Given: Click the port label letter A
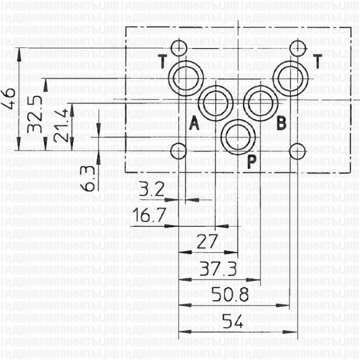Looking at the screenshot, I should pos(193,124).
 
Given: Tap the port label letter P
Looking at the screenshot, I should pos(252,160).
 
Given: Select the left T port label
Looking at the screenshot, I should pos(163,59).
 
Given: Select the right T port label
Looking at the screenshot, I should pos(317,59).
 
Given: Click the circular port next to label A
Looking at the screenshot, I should pos(214,103).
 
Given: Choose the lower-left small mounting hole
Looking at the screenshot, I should pos(178,150).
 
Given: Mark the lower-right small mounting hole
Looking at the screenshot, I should pos(296,150).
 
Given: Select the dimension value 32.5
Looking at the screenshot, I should pos(35,115).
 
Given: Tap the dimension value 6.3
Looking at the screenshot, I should pos(89,178).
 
